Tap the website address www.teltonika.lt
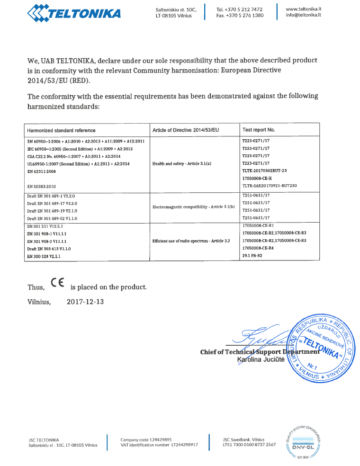(x=304, y=9)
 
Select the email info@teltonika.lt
(x=304, y=15)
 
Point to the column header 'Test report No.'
(x=258, y=130)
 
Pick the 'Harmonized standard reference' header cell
(x=61, y=130)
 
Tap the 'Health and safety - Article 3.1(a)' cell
(x=181, y=163)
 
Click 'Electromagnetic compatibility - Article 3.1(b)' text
(x=193, y=207)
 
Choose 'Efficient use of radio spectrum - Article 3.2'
(x=191, y=241)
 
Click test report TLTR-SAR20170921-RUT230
(x=269, y=185)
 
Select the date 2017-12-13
(x=85, y=302)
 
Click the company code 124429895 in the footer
(x=161, y=439)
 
